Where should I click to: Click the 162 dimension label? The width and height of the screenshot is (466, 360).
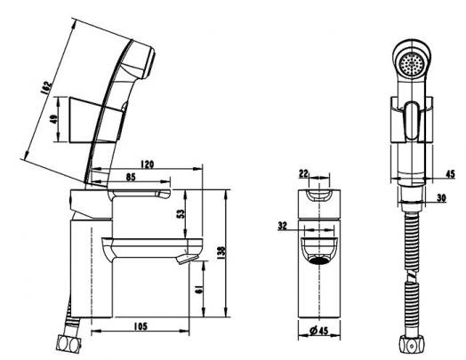(46, 88)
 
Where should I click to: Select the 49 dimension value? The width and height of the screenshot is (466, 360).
(53, 119)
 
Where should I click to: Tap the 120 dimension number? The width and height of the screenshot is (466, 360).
(148, 164)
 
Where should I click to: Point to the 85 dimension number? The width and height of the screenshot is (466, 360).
(131, 177)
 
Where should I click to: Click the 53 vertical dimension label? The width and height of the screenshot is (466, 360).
(181, 214)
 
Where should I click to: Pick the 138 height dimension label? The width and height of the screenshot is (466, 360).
(221, 252)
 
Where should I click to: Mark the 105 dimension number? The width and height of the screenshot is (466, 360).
(141, 326)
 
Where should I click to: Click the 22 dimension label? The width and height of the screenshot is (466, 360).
(304, 173)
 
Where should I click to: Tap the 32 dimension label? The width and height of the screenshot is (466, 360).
(283, 226)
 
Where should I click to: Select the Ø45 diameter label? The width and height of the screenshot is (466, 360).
(319, 331)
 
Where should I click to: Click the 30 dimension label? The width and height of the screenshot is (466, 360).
(442, 198)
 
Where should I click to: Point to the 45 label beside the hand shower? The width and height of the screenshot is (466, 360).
(450, 174)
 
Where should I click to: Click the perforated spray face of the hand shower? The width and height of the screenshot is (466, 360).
(412, 64)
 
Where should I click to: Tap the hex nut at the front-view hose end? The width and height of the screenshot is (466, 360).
(412, 345)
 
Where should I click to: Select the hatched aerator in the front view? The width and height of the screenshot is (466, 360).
(319, 260)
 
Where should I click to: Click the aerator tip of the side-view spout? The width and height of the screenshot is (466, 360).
(187, 259)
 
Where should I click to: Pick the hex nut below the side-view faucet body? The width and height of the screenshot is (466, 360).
(68, 343)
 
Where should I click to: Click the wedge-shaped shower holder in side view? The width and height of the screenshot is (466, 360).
(96, 120)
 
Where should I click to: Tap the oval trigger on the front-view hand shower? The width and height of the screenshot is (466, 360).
(412, 120)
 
